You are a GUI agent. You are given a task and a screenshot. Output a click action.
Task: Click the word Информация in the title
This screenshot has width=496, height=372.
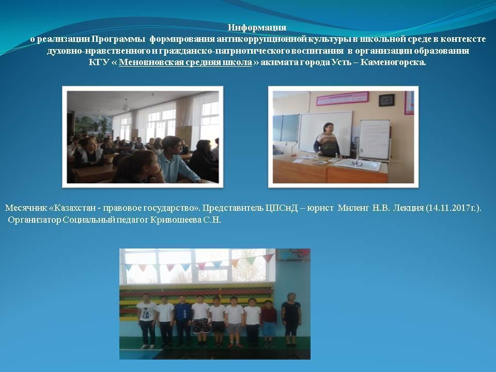[257, 28]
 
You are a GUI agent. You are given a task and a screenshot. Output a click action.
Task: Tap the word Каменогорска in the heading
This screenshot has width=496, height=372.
[393, 63]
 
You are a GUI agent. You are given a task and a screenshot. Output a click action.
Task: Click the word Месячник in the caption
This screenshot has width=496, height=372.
[26, 208]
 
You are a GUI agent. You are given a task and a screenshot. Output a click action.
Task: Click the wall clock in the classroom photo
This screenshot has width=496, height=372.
[386, 100]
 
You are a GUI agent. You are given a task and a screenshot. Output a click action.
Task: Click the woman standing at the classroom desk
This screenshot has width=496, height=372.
[327, 140]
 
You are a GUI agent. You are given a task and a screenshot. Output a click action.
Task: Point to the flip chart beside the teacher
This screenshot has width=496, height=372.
[375, 139]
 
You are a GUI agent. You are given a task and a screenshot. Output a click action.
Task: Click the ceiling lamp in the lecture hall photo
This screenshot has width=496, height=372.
[126, 105]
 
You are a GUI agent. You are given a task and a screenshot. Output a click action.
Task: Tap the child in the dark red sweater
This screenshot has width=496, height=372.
[268, 322]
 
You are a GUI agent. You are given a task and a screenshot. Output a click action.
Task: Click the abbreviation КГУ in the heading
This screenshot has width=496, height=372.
[99, 63]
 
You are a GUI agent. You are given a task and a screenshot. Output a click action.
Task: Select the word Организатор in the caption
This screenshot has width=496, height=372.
[34, 220]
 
